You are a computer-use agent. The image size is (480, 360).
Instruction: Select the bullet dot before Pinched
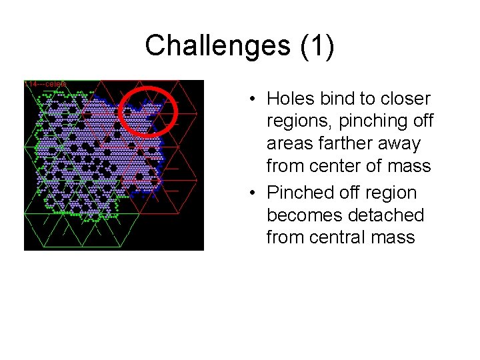[254, 193]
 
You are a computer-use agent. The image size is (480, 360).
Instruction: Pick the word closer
[407, 99]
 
